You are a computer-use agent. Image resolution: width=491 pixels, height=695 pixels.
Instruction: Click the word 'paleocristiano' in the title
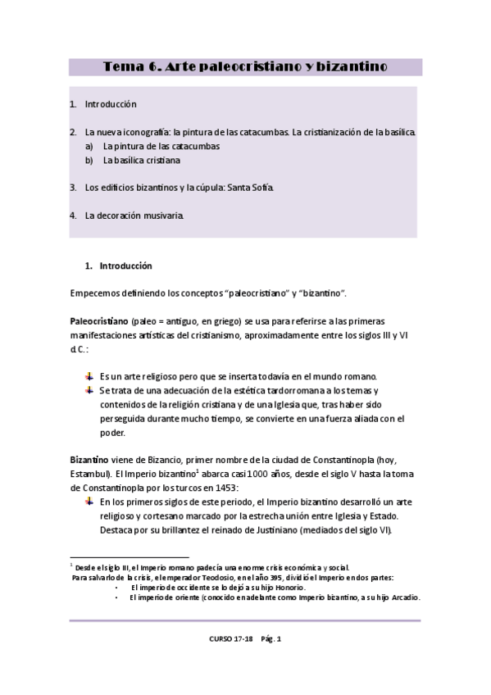point(246,66)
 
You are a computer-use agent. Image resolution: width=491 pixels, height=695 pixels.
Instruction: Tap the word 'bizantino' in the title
point(350,66)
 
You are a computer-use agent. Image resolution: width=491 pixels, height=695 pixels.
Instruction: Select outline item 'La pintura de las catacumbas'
point(161,146)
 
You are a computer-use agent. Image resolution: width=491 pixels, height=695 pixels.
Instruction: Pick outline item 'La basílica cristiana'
point(142,160)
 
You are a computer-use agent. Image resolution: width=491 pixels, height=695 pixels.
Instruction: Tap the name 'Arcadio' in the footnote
point(402,597)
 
